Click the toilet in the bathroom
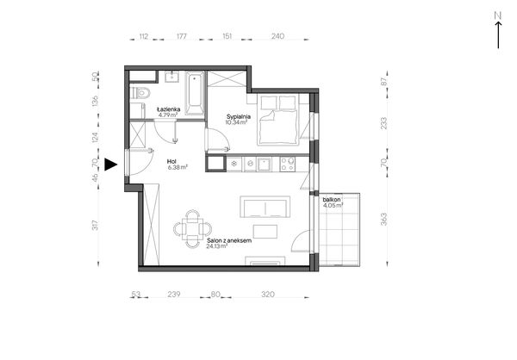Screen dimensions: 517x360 141,93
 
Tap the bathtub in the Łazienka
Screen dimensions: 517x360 195,93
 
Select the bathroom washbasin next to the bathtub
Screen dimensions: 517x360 171,77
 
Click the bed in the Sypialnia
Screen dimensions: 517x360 278,120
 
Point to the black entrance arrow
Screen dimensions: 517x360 111,164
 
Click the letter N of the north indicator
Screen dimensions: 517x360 498,16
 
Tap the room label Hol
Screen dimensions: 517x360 171,161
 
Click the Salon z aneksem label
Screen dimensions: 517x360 229,240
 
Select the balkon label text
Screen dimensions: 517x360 332,200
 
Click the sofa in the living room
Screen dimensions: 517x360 265,207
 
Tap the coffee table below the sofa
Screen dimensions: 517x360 265,231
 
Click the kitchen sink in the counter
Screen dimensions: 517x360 265,164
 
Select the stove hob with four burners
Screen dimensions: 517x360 287,164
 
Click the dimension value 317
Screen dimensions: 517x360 96,225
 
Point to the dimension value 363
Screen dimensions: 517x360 383,220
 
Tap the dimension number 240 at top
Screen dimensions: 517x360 277,36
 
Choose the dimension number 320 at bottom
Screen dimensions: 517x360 268,294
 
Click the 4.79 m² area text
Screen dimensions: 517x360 168,115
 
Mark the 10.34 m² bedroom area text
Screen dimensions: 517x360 236,122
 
